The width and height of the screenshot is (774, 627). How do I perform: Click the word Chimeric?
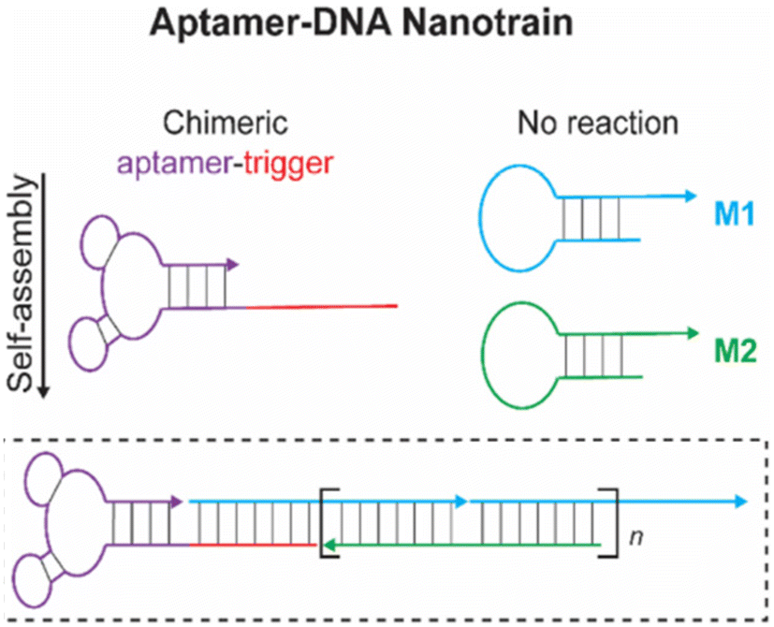point(224,124)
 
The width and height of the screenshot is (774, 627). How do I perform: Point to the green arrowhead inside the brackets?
point(328,544)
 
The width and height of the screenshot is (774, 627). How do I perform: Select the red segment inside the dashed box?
point(253,544)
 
